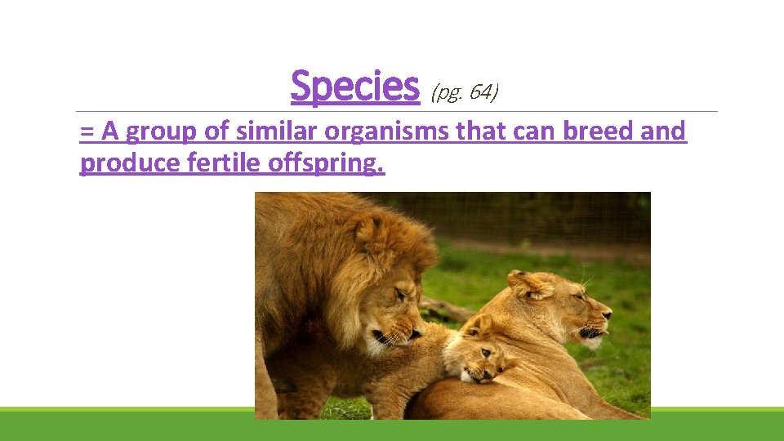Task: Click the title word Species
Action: pos(354,87)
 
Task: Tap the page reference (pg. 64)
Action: pos(464,92)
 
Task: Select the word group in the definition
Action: pos(160,131)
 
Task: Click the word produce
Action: pos(130,163)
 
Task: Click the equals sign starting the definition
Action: pos(87,131)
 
